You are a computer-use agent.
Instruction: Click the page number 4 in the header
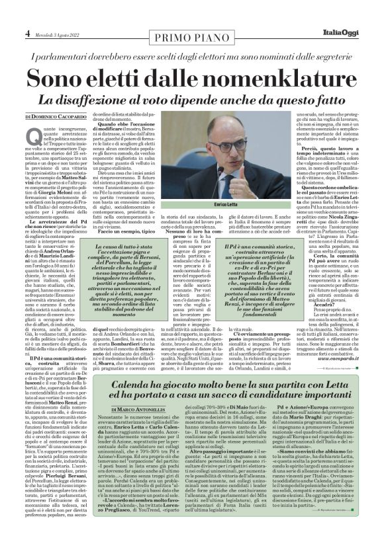pos(27,13)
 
